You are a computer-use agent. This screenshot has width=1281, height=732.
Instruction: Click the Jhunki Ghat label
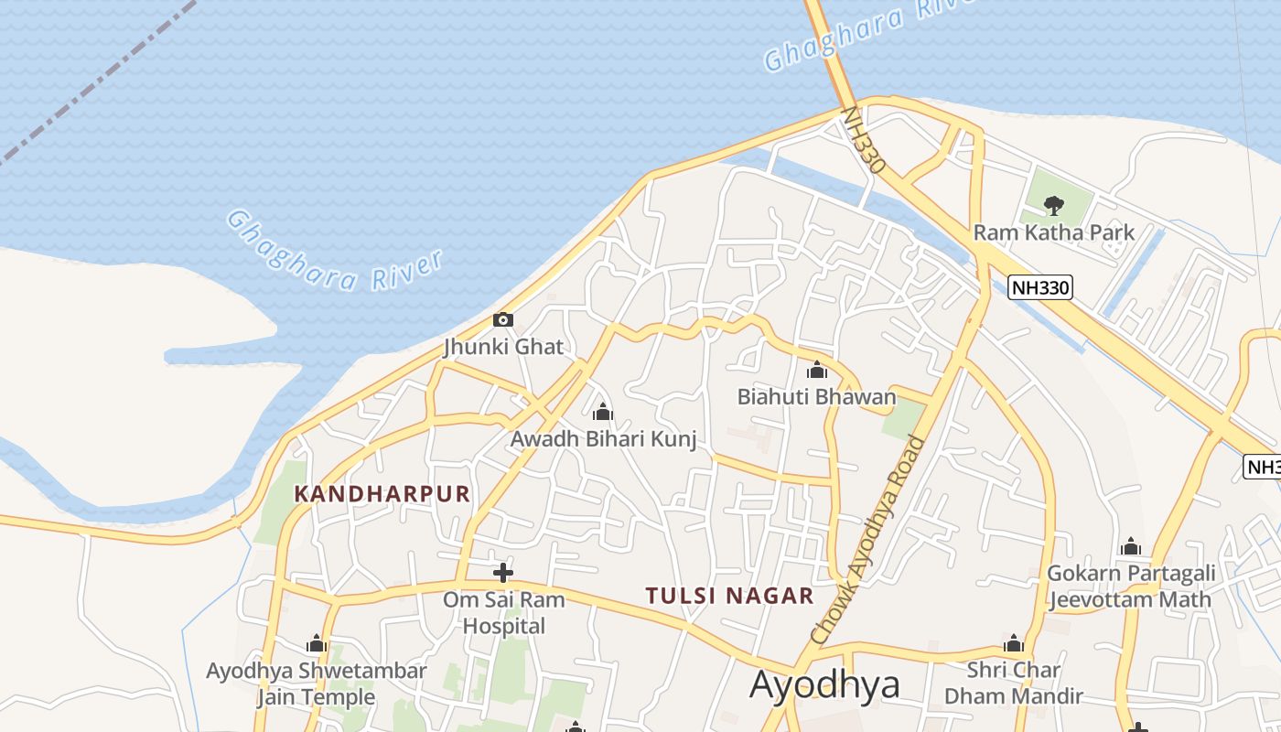[x=503, y=347]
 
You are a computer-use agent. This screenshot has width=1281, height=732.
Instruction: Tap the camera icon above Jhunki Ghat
[x=503, y=320]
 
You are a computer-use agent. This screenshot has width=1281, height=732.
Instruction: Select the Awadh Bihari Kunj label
[x=603, y=439]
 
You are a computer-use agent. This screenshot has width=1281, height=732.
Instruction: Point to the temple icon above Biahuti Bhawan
[x=817, y=371]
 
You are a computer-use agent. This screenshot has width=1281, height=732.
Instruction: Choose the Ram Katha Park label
[x=1053, y=232]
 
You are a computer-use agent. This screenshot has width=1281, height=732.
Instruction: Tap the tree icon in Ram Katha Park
[x=1053, y=205]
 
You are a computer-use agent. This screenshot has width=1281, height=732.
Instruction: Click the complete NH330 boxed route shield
[x=1040, y=287]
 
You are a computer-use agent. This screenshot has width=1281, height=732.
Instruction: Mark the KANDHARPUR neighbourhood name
[x=382, y=494]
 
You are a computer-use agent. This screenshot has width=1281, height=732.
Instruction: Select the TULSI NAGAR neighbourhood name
[x=729, y=596]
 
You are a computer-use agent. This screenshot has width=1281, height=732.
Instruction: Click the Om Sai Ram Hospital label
[x=504, y=613]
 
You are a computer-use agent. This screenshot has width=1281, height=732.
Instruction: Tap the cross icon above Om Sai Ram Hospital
[x=503, y=573]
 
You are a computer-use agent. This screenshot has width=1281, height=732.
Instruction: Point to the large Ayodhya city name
[x=824, y=684]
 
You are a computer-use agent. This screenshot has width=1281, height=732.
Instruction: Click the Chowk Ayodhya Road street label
[x=868, y=541]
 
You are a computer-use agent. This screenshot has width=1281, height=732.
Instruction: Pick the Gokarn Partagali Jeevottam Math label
[x=1131, y=587]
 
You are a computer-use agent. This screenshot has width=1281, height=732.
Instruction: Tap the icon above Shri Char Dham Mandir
[x=1013, y=643]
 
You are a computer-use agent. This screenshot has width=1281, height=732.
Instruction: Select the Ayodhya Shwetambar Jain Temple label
[x=316, y=684]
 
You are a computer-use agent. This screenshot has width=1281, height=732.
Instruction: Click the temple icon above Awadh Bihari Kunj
[x=602, y=413]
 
